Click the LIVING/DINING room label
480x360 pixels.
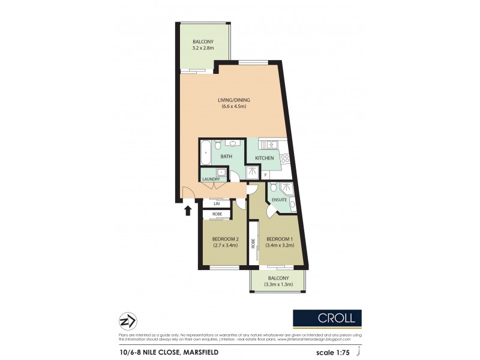click(232, 101)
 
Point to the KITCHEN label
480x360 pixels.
click(265, 158)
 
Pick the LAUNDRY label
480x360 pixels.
click(211, 179)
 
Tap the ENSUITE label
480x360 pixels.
click(280, 199)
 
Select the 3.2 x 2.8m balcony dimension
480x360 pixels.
click(203, 47)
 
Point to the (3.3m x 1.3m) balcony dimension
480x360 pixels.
click(279, 284)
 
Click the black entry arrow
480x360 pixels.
click(187, 209)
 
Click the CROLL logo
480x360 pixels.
click(327, 319)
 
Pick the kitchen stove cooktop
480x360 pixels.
click(284, 159)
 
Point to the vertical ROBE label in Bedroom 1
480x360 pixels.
click(253, 244)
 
